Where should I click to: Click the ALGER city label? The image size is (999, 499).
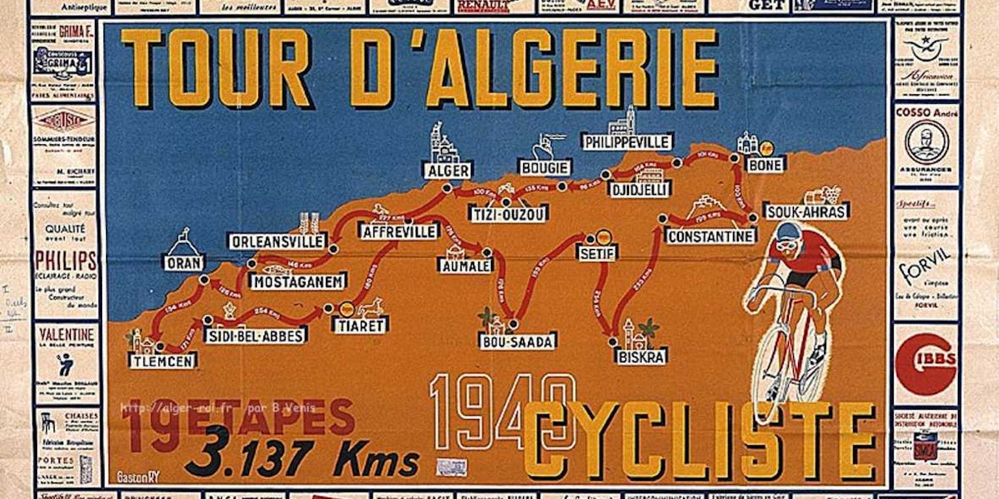click(x=447, y=171)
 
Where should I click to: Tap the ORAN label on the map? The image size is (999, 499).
click(x=183, y=262)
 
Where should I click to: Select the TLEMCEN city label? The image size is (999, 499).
click(x=163, y=361)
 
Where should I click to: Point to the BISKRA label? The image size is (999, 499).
click(x=641, y=356)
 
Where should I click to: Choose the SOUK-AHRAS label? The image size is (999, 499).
click(x=806, y=211)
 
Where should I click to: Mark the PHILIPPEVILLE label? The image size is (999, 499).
click(x=627, y=142)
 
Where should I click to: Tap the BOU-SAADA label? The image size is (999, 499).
click(x=518, y=341)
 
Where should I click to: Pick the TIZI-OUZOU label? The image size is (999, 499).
click(x=508, y=213)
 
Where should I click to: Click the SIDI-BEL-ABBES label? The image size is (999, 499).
click(x=255, y=335)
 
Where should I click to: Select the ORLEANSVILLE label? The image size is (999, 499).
click(x=277, y=241)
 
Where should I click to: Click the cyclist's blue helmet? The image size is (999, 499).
click(x=789, y=231)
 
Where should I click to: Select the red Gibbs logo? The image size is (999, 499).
click(x=925, y=364)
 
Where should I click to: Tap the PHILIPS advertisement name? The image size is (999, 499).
click(x=66, y=261)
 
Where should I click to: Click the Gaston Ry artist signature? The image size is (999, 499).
click(x=138, y=476)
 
